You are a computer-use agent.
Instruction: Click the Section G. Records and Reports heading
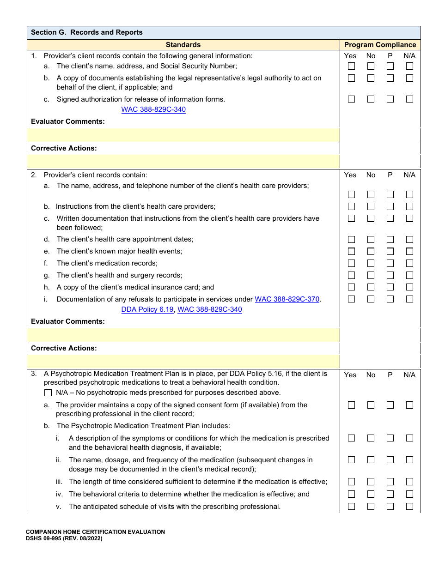(x=87, y=32)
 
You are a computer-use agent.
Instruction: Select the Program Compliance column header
(x=380, y=45)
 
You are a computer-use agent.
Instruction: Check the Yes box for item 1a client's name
(x=351, y=66)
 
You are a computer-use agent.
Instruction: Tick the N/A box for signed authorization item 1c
(x=409, y=99)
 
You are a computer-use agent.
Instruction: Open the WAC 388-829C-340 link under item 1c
(x=153, y=109)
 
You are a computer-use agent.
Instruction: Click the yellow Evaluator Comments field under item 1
(x=183, y=135)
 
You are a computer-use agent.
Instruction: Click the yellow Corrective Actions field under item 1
(x=183, y=162)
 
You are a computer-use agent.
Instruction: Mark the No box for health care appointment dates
(x=371, y=239)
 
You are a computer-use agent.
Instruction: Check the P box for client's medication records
(x=390, y=263)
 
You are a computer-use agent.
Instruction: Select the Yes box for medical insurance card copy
(x=351, y=287)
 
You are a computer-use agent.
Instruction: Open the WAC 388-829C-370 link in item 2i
(x=287, y=299)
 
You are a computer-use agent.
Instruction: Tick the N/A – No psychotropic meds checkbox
(x=48, y=393)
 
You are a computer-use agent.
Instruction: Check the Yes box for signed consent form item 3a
(x=351, y=405)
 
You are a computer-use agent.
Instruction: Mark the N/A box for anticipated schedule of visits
(x=409, y=506)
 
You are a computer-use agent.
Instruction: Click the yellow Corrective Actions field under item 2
(x=183, y=361)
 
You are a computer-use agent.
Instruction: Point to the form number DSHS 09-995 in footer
(x=64, y=538)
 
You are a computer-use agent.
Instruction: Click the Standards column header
(x=183, y=45)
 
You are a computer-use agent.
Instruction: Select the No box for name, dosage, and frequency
(x=371, y=460)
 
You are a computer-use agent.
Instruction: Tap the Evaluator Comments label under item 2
(x=68, y=321)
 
